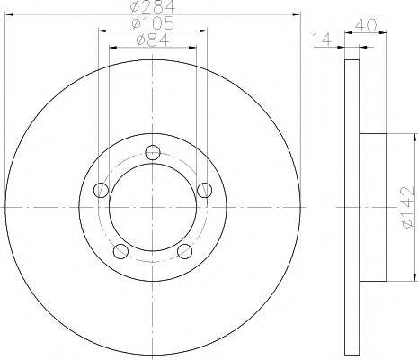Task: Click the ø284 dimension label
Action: (153, 6)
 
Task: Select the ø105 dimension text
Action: (153, 23)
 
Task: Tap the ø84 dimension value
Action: (153, 40)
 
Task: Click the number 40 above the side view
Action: (366, 25)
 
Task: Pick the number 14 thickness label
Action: (321, 40)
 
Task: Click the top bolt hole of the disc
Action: (153, 153)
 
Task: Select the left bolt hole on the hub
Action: (101, 190)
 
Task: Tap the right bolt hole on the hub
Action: (205, 190)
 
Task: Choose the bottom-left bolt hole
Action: (120, 251)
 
